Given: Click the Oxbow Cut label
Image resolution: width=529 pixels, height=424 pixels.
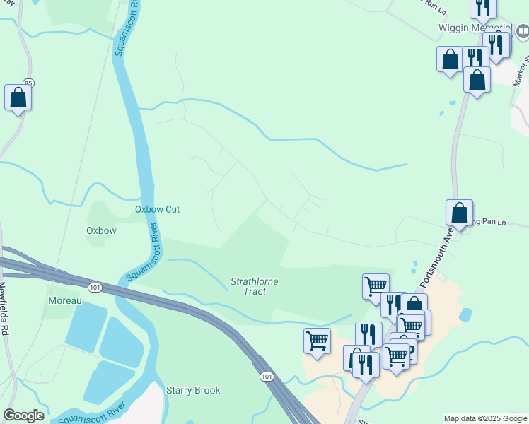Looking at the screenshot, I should point(158,209).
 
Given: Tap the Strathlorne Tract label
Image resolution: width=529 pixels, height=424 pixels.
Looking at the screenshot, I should point(254,286).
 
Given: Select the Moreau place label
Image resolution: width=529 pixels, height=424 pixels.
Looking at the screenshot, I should point(65,300).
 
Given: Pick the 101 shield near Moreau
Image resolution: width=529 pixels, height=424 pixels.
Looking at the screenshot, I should point(95,287).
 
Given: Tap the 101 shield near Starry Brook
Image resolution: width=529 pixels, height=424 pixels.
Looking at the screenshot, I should point(266,377).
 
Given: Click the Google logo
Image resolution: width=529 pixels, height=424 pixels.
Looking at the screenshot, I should point(23,416).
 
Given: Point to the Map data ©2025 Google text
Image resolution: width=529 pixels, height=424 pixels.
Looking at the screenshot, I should point(484,418).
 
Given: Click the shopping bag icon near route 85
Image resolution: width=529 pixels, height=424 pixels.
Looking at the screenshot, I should point(18,98).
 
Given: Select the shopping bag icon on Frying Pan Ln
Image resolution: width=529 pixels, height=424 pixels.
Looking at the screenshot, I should point(459,212).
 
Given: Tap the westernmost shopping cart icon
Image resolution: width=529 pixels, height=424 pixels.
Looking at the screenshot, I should point(317,341).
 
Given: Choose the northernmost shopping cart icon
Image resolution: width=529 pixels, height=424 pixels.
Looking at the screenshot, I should point(376,287).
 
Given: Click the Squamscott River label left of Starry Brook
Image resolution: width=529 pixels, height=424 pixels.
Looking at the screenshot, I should point(92,414).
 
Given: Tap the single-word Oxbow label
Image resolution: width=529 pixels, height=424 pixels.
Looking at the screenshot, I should point(101,230).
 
